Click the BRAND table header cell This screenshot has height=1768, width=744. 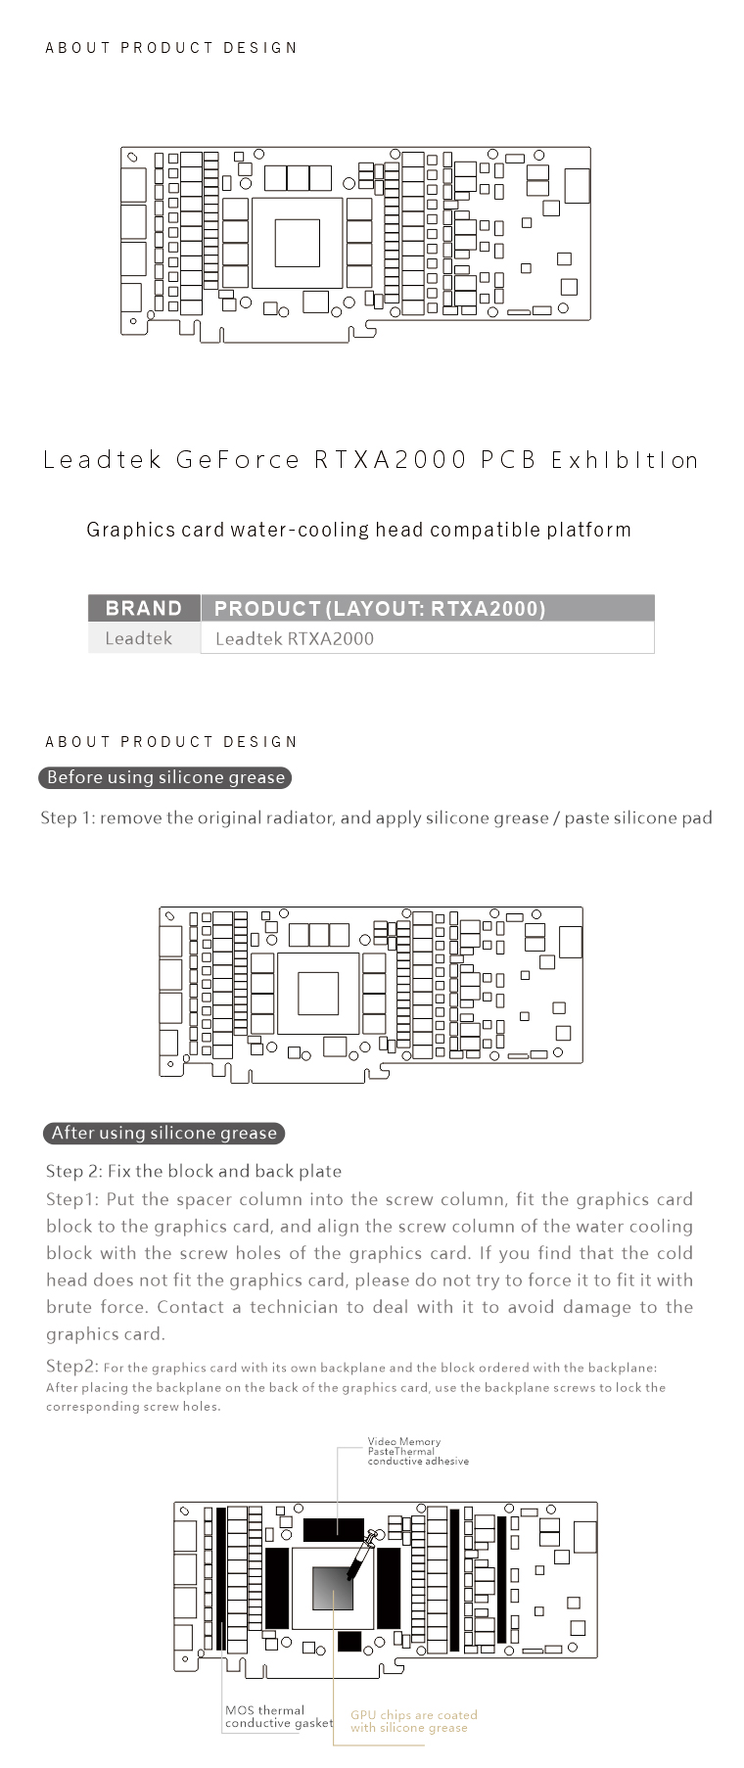[x=144, y=608]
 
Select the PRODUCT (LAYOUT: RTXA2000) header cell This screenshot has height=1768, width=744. [x=380, y=608]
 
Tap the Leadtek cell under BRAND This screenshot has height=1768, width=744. [x=139, y=638]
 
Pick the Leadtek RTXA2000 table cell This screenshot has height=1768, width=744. [x=295, y=639]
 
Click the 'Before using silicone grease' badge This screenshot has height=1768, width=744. [x=165, y=777]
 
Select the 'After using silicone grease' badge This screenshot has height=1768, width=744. [x=163, y=1133]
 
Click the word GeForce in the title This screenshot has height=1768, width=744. [x=238, y=460]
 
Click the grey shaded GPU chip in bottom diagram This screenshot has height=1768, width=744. [x=332, y=1588]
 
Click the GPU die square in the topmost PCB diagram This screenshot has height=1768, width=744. [x=297, y=243]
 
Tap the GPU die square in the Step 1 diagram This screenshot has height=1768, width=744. [x=318, y=994]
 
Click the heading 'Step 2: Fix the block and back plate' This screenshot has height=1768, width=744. [x=194, y=1171]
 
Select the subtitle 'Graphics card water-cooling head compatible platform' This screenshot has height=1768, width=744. [x=358, y=530]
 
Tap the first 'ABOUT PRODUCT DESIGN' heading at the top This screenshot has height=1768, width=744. [x=171, y=47]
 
